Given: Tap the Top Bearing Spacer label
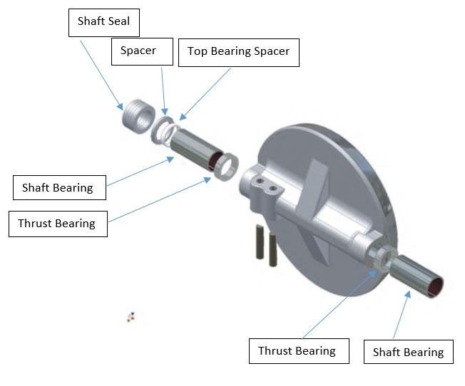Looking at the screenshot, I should tap(238, 52).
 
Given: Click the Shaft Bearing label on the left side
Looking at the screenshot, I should tap(58, 188).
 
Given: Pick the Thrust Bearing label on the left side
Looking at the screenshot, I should tap(57, 224).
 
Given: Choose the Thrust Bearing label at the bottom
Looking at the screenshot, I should tap(297, 350).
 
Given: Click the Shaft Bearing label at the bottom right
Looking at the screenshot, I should tap(408, 352).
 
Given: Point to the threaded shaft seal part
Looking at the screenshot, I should tap(136, 115).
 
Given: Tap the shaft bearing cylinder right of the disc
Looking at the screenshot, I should tap(419, 276).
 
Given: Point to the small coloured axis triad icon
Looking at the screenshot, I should tap(131, 316).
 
